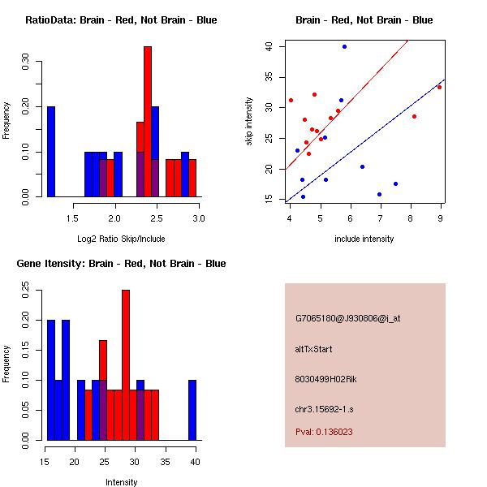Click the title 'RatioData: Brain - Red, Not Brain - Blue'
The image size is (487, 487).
[x=121, y=20]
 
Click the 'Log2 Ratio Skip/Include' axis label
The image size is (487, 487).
[x=121, y=238]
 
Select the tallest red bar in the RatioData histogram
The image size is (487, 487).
[x=148, y=122]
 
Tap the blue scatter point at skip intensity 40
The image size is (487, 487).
[x=344, y=47]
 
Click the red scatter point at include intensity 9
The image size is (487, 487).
[x=439, y=87]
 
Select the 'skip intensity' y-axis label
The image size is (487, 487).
[x=250, y=122]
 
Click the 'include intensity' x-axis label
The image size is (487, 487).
[x=364, y=238]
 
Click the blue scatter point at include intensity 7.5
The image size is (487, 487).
[x=395, y=183]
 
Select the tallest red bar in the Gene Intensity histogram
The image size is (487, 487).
[x=126, y=364]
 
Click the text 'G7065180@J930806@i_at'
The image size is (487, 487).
[x=347, y=318]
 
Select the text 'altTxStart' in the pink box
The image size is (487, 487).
[x=314, y=349]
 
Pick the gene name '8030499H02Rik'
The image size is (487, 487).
[x=325, y=379]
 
